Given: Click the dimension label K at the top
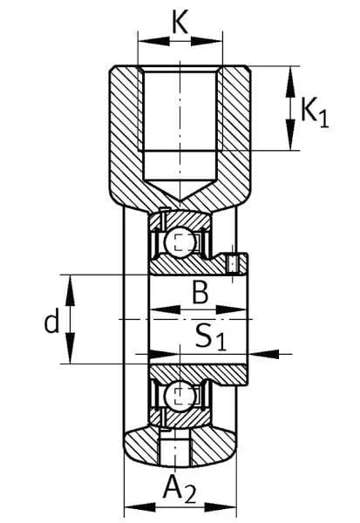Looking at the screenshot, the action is coord(180,22).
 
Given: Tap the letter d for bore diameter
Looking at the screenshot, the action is coord(52,321).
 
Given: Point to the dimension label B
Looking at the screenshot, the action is coord(200,293).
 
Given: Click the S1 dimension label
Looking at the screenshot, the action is coord(211,336).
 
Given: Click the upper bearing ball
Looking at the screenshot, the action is coord(180,242).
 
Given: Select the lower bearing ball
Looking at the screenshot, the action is coord(180,397).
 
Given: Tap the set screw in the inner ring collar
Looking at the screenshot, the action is coord(232,264).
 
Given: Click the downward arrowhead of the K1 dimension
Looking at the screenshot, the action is coord(291,134).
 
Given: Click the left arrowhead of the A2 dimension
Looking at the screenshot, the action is coord(139,507).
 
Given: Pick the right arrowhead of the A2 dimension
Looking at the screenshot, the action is coord(221,507).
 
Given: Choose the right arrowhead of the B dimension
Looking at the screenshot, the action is coord(231,309).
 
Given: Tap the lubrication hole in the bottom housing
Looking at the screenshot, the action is coord(173,451).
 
